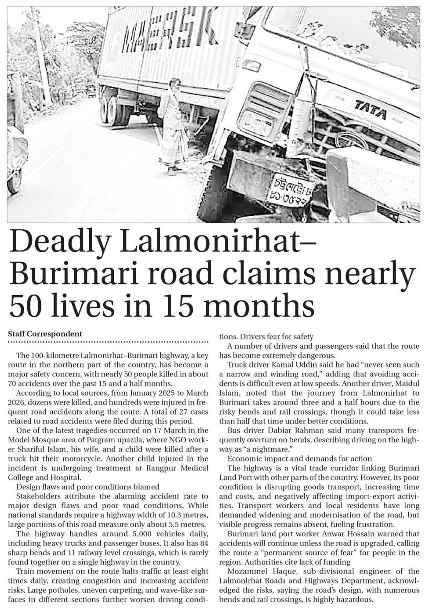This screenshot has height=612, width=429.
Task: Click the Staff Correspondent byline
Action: click(45, 334)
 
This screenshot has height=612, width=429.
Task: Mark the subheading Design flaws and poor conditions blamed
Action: click(87, 487)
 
